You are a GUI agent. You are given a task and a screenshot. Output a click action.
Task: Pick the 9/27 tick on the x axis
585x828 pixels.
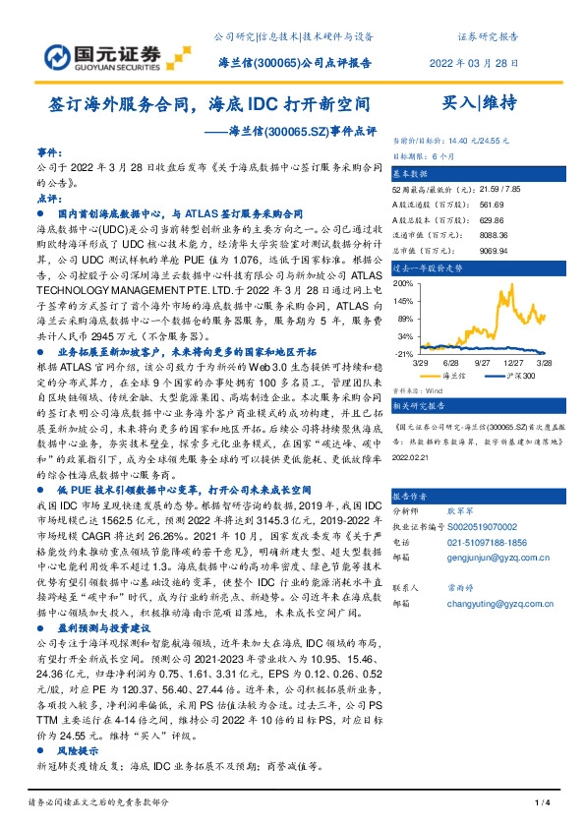(x=483, y=363)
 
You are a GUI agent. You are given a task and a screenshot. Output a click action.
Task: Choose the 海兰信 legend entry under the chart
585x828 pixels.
(x=451, y=376)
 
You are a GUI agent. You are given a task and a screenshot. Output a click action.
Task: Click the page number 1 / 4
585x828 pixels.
(x=540, y=805)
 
